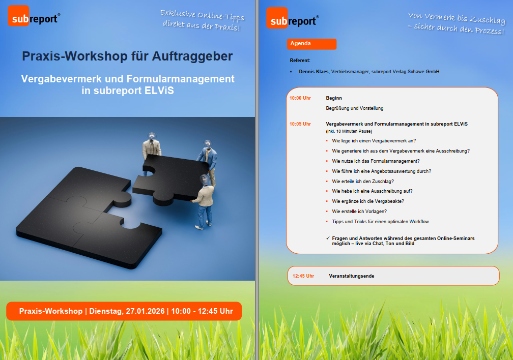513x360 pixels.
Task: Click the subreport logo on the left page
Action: coord(34,16)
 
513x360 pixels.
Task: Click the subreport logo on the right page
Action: coord(293,18)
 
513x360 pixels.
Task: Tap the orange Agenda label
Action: coord(311,44)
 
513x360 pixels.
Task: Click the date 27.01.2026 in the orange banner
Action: coord(145,311)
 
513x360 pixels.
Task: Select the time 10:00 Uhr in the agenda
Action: coord(300,98)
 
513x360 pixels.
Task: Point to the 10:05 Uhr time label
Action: coord(300,124)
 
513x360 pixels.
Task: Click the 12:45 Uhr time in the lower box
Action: coord(303,276)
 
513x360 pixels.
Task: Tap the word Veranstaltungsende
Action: coord(351,276)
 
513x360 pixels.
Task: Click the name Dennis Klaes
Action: coord(313,72)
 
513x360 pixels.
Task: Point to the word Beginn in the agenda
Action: coord(334,98)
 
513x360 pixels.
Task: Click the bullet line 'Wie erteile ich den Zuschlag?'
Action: coord(363,181)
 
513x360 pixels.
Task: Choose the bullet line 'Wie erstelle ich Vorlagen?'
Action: coord(359,211)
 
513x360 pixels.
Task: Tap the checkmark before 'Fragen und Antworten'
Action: coord(328,238)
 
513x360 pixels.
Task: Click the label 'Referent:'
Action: coord(300,61)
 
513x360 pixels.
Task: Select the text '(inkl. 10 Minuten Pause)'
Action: coord(349,132)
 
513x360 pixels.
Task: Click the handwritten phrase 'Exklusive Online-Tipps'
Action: coord(202,15)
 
